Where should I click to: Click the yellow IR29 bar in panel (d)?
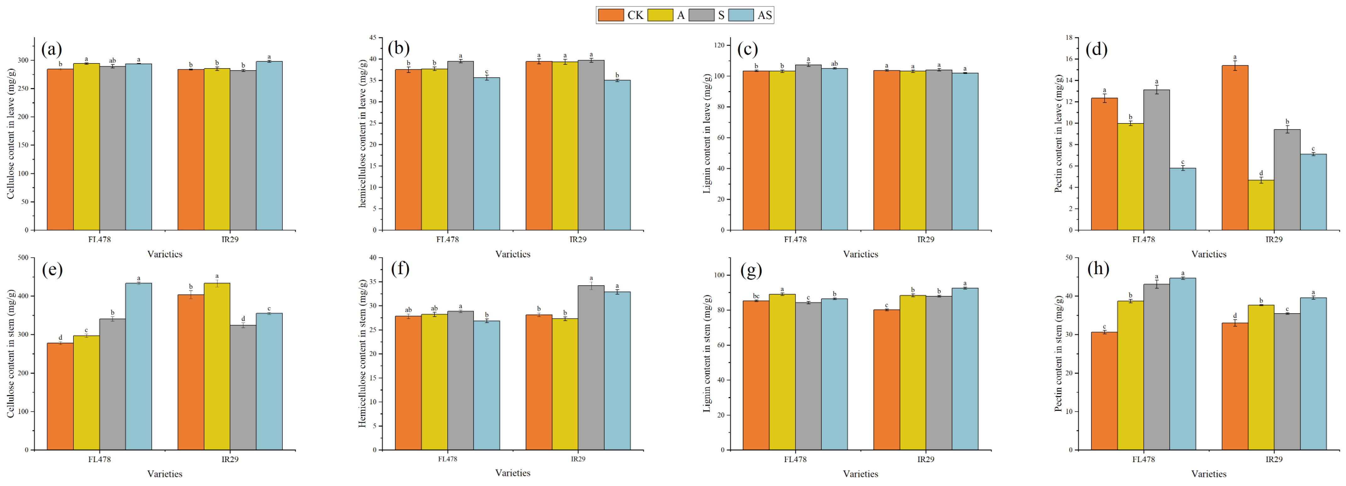(1261, 205)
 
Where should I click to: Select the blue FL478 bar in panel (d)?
(1182, 199)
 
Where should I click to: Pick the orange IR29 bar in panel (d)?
(1235, 147)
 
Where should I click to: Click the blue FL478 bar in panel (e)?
(139, 366)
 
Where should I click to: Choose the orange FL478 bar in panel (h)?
(1104, 391)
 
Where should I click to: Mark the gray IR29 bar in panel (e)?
(243, 387)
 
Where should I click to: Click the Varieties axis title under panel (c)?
(861, 254)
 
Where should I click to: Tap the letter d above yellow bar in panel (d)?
(1261, 173)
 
